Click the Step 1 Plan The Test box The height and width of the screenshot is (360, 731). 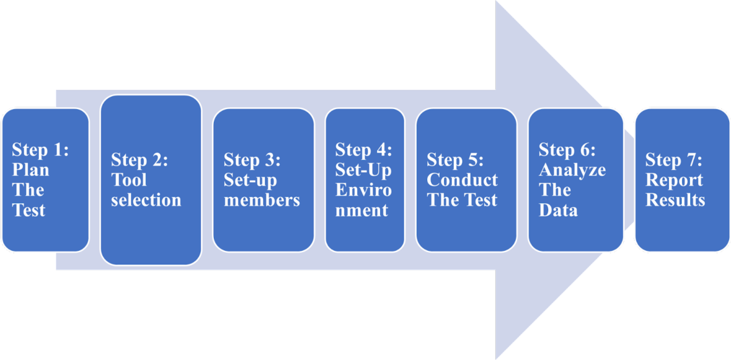pyautogui.click(x=45, y=180)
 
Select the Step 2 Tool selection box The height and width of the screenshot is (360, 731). pyautogui.click(x=150, y=180)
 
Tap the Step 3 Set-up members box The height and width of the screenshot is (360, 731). pyautogui.click(x=263, y=180)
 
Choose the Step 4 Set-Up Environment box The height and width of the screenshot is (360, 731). pyautogui.click(x=365, y=180)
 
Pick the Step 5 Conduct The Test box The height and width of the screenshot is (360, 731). pyautogui.click(x=466, y=180)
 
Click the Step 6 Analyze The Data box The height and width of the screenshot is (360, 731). pyautogui.click(x=576, y=180)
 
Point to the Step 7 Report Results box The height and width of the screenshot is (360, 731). pyautogui.click(x=682, y=180)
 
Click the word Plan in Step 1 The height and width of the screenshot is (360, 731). pyautogui.click(x=30, y=170)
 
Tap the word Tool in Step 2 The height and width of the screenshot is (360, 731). pyautogui.click(x=129, y=180)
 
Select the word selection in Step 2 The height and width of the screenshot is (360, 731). pyautogui.click(x=146, y=200)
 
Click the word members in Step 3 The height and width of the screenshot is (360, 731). pyautogui.click(x=262, y=200)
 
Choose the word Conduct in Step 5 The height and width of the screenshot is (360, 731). pyautogui.click(x=462, y=180)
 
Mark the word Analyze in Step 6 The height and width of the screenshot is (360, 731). pyautogui.click(x=573, y=170)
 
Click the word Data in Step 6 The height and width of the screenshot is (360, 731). pyautogui.click(x=558, y=210)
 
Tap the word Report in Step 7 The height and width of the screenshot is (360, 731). pyautogui.click(x=674, y=180)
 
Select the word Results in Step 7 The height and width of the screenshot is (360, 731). pyautogui.click(x=676, y=200)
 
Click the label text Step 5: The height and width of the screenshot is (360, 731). pyautogui.click(x=455, y=160)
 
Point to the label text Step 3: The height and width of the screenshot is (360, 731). pyautogui.click(x=252, y=160)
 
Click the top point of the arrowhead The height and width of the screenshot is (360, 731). pyautogui.click(x=496, y=2)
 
